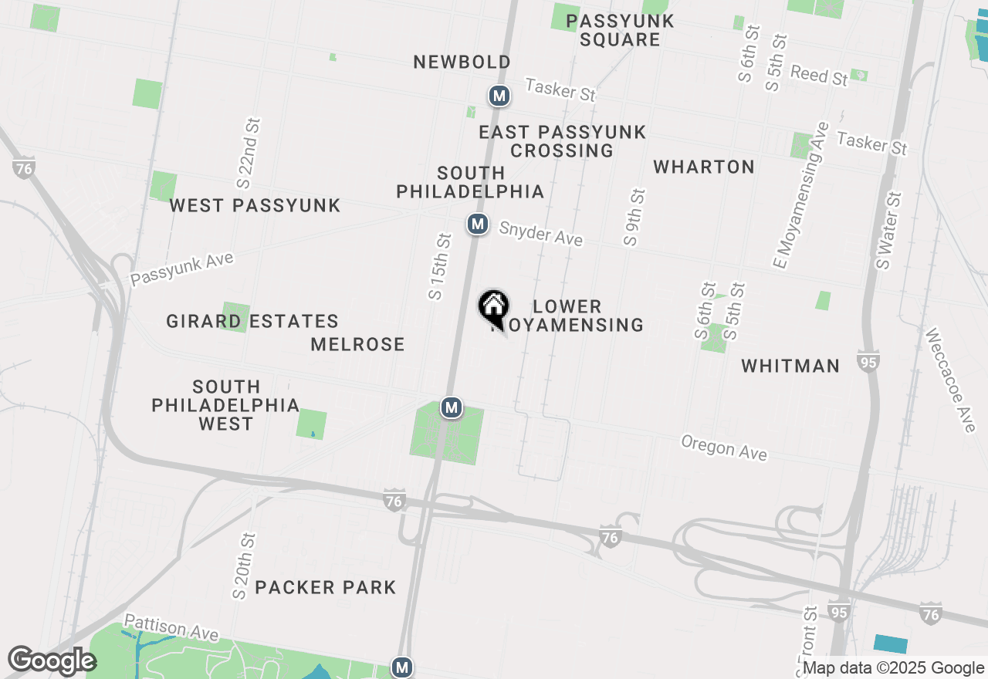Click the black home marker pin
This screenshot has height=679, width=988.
click(493, 307)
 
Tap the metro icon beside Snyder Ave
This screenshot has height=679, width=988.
click(478, 225)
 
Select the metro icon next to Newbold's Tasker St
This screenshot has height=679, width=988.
click(499, 96)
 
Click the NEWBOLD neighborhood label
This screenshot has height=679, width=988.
click(462, 62)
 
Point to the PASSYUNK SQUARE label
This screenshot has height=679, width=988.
click(620, 30)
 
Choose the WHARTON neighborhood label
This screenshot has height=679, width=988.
click(703, 167)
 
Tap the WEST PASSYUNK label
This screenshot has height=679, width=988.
click(255, 205)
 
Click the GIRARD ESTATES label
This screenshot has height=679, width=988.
click(252, 321)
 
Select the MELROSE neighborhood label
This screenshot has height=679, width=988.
click(357, 344)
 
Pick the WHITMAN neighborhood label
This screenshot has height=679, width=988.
click(790, 366)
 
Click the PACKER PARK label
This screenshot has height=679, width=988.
click(325, 587)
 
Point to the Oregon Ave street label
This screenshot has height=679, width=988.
click(724, 448)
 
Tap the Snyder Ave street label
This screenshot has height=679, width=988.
click(540, 234)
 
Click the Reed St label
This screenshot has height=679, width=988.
click(819, 75)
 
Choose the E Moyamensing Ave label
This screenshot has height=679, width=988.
click(800, 195)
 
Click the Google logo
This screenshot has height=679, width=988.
click(51, 660)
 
